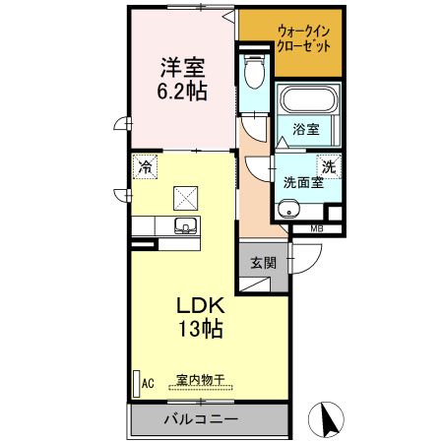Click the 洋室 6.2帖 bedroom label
(x=182, y=79)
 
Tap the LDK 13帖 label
(x=201, y=317)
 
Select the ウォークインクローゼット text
(x=303, y=39)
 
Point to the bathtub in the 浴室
(x=308, y=99)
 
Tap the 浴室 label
(x=306, y=129)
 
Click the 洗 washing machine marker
(x=329, y=166)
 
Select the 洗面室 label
(x=303, y=182)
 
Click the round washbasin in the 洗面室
(x=288, y=209)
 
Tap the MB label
(x=317, y=228)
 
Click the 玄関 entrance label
(x=264, y=263)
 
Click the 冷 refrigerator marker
(x=145, y=166)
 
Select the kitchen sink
(x=186, y=225)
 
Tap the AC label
(x=148, y=383)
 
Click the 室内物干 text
(x=200, y=380)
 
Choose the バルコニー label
(x=201, y=419)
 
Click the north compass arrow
(x=328, y=421)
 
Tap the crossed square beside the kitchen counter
(x=186, y=198)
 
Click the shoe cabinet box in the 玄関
(x=255, y=285)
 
